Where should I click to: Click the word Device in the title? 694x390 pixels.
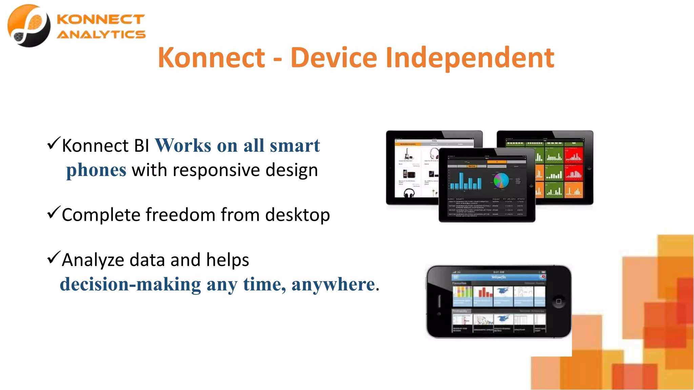tap(333, 58)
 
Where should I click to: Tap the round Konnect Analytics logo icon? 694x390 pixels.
tap(29, 26)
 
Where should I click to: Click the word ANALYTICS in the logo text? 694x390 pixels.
tap(101, 35)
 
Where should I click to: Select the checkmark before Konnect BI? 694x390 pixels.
tap(54, 143)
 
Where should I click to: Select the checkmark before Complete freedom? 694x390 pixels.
tap(54, 213)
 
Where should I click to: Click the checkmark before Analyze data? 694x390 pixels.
tap(54, 258)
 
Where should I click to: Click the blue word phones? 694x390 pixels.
tap(96, 170)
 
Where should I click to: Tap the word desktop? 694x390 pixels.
tap(297, 215)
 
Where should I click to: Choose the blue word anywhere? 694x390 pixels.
tap(333, 284)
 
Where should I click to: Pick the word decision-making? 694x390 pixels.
tap(130, 284)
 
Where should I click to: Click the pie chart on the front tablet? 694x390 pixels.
tap(501, 180)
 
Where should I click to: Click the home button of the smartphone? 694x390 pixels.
tap(558, 301)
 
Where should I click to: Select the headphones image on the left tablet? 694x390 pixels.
tap(409, 193)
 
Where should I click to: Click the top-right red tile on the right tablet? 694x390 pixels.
tap(573, 154)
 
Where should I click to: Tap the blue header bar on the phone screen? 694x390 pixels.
tap(499, 277)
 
